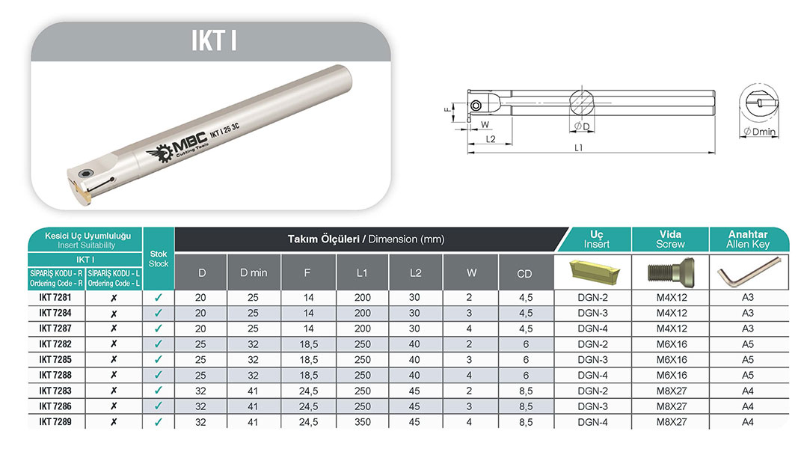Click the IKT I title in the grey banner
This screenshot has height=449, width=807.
214,40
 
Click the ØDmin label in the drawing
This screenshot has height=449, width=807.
759,131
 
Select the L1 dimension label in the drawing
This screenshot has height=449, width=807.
578,147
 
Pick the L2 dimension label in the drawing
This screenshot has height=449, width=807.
490,139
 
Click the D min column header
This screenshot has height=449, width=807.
254,273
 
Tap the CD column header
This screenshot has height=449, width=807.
524,274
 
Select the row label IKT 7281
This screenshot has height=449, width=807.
55,298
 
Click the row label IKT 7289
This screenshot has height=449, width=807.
55,422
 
